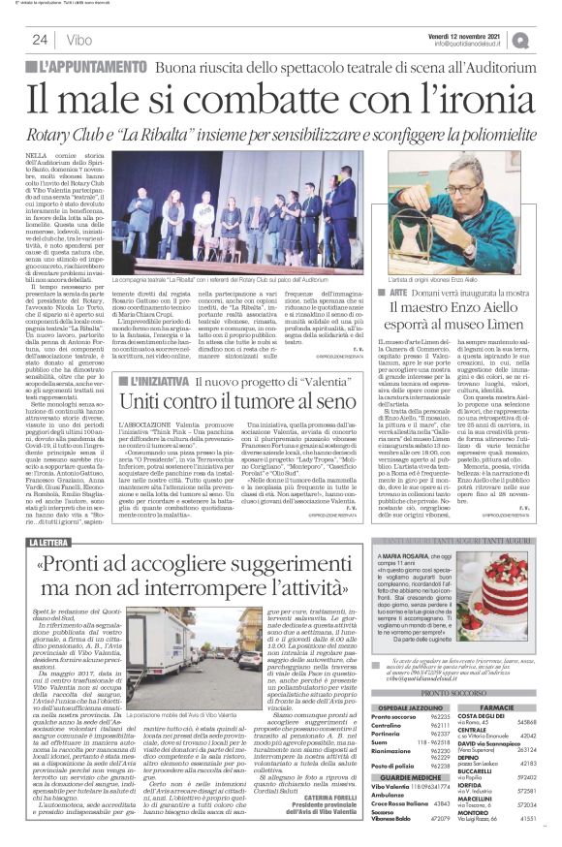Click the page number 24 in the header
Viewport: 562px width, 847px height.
[x=41, y=40]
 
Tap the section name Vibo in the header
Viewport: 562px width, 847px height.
[x=80, y=40]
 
